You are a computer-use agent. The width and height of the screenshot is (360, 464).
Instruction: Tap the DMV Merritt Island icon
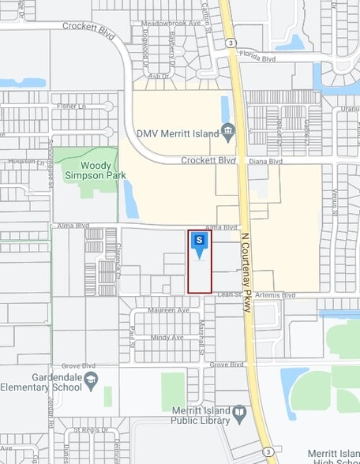point(228,131)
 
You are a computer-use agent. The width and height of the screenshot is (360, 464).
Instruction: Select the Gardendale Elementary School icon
point(92,381)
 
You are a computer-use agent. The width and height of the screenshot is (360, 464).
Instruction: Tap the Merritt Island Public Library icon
point(238,413)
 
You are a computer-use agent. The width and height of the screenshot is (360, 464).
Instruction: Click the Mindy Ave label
point(167,338)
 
